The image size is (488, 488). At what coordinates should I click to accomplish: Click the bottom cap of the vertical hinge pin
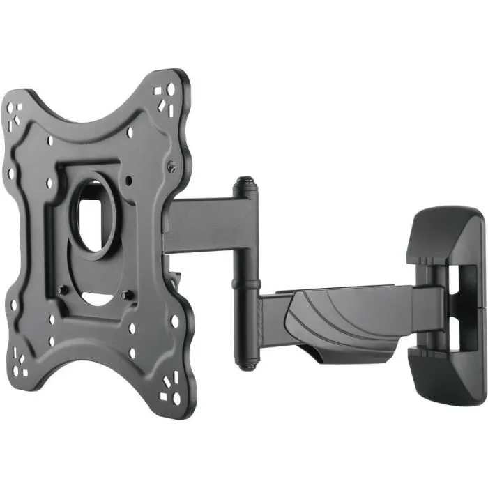tap(245, 363)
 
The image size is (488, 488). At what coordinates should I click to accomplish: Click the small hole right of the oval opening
tap(130, 180)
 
